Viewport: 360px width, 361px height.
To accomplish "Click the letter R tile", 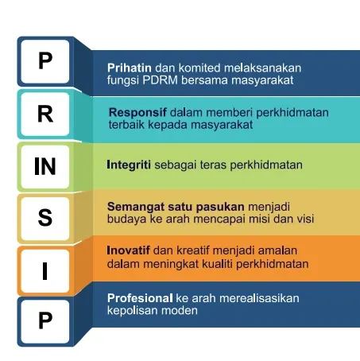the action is coord(45,115).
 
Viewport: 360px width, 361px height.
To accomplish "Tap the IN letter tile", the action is coord(45,166).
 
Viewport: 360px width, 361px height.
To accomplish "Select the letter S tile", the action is coord(45,219).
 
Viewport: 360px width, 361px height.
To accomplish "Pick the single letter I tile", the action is coord(45,271).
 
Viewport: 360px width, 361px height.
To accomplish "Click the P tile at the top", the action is coord(45,61).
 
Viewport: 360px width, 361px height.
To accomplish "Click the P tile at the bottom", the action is coord(45,321).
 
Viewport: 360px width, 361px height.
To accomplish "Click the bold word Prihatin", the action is coord(130,68).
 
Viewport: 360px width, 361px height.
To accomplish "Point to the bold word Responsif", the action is coord(137,113).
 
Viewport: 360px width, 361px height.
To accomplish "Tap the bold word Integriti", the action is coord(129,165).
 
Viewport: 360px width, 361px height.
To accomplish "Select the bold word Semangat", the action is coord(136,207).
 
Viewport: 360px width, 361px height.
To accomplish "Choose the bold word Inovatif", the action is coord(128,250).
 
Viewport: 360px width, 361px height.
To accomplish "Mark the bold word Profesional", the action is coord(140,298).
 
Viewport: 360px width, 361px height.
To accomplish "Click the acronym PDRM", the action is coord(160,80).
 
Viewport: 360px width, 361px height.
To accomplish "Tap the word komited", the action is coord(199,68).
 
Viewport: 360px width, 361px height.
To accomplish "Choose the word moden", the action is coord(180,310).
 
